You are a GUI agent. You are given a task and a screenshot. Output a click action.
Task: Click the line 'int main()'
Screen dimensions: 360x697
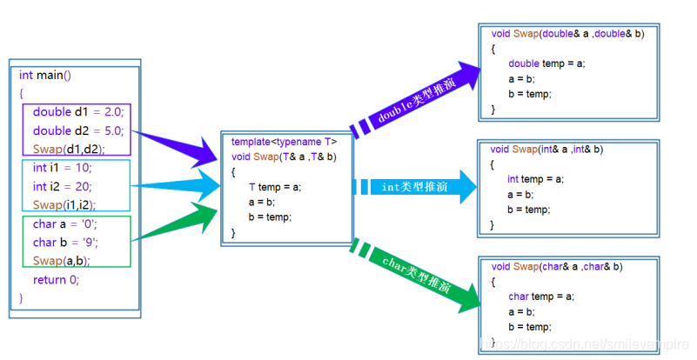click(45, 75)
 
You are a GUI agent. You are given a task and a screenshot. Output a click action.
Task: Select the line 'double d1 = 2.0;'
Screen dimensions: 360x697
click(78, 112)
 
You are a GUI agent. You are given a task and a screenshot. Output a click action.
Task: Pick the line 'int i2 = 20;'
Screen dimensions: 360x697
click(62, 186)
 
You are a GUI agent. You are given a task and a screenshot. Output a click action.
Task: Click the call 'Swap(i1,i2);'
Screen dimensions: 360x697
click(64, 204)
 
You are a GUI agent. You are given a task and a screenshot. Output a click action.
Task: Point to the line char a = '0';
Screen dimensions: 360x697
click(67, 224)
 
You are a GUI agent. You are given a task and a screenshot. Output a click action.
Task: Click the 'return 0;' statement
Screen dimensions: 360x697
click(56, 279)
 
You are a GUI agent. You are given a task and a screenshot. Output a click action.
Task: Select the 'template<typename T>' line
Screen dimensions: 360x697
click(284, 142)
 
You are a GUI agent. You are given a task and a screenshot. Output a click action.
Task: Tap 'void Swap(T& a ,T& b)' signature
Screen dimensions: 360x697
click(284, 157)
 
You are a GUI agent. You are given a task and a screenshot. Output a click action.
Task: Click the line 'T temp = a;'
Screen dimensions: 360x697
click(275, 187)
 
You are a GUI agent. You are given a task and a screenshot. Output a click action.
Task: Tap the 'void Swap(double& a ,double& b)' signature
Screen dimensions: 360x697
click(567, 34)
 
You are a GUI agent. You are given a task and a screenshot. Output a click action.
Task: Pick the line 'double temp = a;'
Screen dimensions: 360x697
click(546, 63)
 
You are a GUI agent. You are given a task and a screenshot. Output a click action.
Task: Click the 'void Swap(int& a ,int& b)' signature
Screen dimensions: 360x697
click(546, 150)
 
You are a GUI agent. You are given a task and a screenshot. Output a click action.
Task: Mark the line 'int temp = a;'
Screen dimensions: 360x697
click(536, 179)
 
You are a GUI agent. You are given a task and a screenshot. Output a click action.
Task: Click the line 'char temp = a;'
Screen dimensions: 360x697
click(541, 297)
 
